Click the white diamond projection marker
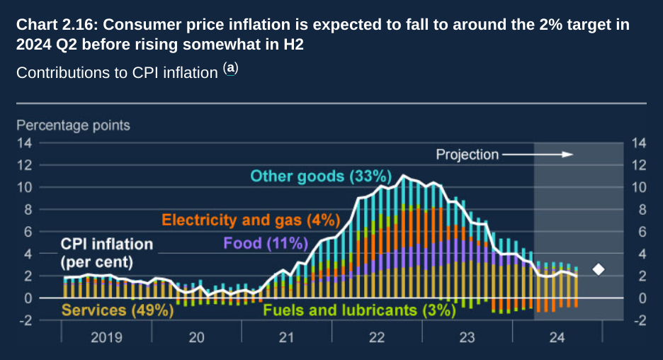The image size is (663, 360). [x=599, y=269]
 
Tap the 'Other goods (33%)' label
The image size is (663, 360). [x=321, y=176]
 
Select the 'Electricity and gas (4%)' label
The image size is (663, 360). [x=251, y=220]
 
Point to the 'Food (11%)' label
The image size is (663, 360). [x=266, y=244]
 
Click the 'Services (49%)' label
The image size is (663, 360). [x=118, y=310]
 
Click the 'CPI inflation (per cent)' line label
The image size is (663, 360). [x=106, y=252]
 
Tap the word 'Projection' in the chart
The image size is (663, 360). [x=467, y=154]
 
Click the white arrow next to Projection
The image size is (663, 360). [x=538, y=154]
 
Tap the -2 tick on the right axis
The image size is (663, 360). [x=637, y=320]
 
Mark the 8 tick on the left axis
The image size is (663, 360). [x=27, y=210]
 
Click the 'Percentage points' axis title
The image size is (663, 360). [x=74, y=125]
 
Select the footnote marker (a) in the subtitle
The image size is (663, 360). [x=231, y=69]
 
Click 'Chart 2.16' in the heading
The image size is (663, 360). [x=57, y=26]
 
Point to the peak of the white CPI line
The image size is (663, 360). [x=404, y=175]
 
